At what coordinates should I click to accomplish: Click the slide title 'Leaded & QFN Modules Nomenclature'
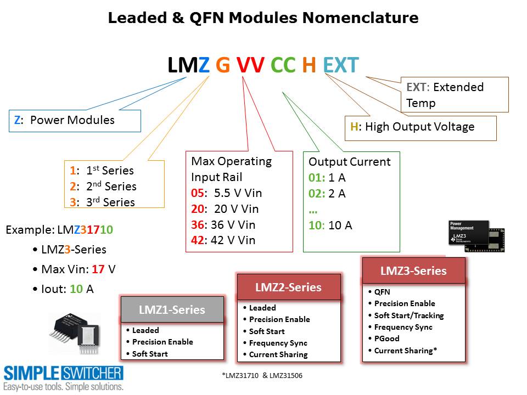pos(263,18)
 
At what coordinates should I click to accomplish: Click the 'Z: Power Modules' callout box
pos(75,121)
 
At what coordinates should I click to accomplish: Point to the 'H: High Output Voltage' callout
pos(420,127)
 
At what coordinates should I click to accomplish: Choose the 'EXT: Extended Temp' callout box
pos(454,94)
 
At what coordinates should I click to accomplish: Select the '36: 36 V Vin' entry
pos(223,224)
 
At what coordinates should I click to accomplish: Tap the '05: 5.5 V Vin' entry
pos(226,193)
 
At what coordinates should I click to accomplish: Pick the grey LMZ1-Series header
pos(172,310)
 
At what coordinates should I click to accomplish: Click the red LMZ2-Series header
pos(288,287)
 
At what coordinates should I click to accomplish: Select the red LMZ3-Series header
pos(413,271)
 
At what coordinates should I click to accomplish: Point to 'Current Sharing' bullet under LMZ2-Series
pos(278,354)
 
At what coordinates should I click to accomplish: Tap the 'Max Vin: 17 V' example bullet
pos(78,269)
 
